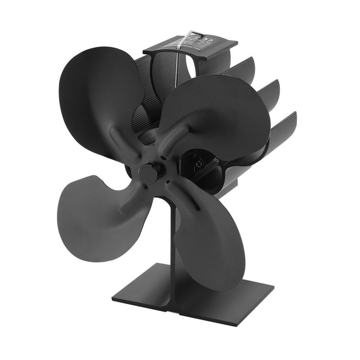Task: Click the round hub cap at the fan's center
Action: pyautogui.click(x=148, y=172)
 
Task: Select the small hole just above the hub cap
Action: pyautogui.click(x=163, y=158)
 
